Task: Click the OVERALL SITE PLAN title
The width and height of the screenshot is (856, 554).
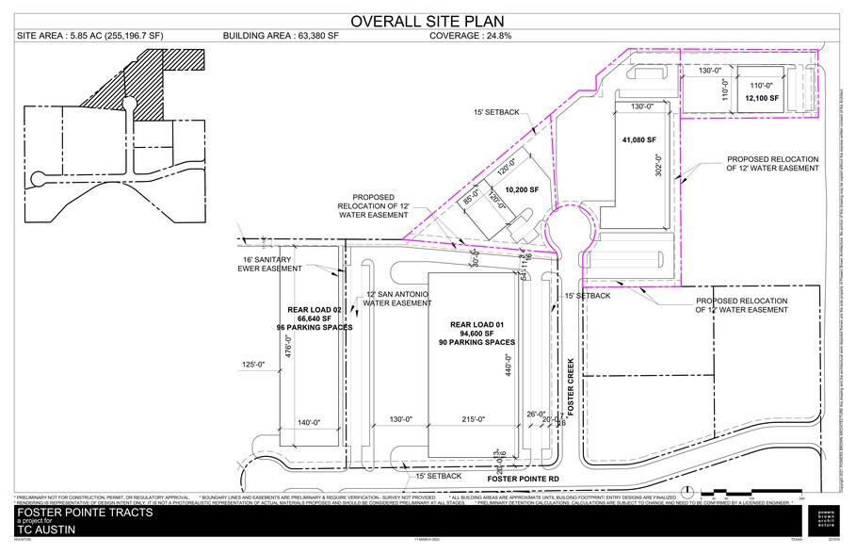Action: click(x=427, y=21)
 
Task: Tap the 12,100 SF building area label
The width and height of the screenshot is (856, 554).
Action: click(x=762, y=98)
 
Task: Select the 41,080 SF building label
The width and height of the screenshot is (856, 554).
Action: click(x=638, y=140)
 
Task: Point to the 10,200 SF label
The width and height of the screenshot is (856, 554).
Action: click(x=521, y=189)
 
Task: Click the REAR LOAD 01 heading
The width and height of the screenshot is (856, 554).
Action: click(x=468, y=323)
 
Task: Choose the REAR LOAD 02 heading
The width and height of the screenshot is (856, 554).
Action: click(x=314, y=309)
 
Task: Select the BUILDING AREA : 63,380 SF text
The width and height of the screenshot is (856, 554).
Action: click(x=280, y=37)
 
